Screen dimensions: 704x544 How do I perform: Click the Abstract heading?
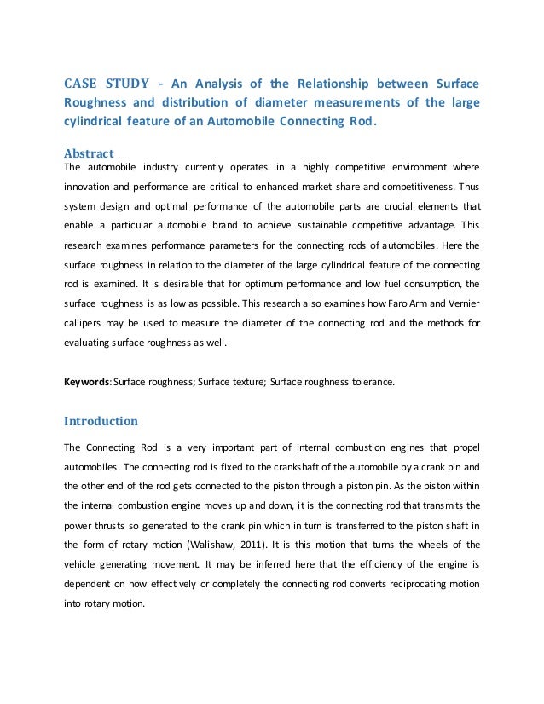coord(89,153)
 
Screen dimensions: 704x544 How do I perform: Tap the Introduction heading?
coord(101,420)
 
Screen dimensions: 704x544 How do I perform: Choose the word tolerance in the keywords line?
coord(373,383)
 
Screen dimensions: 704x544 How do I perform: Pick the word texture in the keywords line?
coord(244,383)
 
